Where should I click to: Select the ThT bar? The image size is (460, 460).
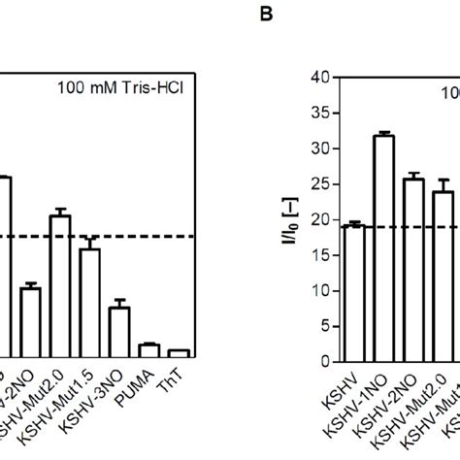pos(179,354)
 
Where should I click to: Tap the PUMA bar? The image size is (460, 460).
pos(148,351)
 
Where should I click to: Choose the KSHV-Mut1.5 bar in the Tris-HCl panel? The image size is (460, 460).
pos(90,304)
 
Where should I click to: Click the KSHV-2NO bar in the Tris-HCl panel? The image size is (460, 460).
pos(31,323)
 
